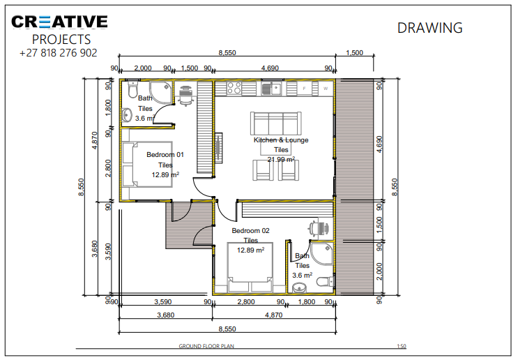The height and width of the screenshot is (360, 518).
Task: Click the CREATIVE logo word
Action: pyautogui.click(x=59, y=22)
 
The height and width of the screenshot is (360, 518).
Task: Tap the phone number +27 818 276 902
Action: pyautogui.click(x=59, y=53)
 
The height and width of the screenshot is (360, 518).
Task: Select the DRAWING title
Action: pyautogui.click(x=429, y=28)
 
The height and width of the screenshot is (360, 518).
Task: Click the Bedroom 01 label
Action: pyautogui.click(x=165, y=155)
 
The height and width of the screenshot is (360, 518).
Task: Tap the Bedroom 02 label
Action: pyautogui.click(x=250, y=230)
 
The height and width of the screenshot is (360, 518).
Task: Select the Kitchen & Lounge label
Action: pyautogui.click(x=281, y=140)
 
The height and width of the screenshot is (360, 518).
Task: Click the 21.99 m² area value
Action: pyautogui.click(x=281, y=159)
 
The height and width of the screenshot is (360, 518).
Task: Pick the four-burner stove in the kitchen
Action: pyautogui.click(x=234, y=89)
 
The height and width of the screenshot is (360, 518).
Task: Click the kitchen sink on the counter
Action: pyautogui.click(x=269, y=88)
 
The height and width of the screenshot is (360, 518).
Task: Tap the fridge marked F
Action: pyautogui.click(x=304, y=89)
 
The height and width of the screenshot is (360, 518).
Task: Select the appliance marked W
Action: pyautogui.click(x=324, y=89)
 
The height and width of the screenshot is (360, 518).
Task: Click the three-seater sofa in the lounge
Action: pyautogui.click(x=277, y=123)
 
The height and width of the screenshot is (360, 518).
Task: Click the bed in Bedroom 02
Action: pyautogui.click(x=250, y=269)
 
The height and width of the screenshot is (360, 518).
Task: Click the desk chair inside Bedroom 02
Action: pyautogui.click(x=319, y=227)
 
